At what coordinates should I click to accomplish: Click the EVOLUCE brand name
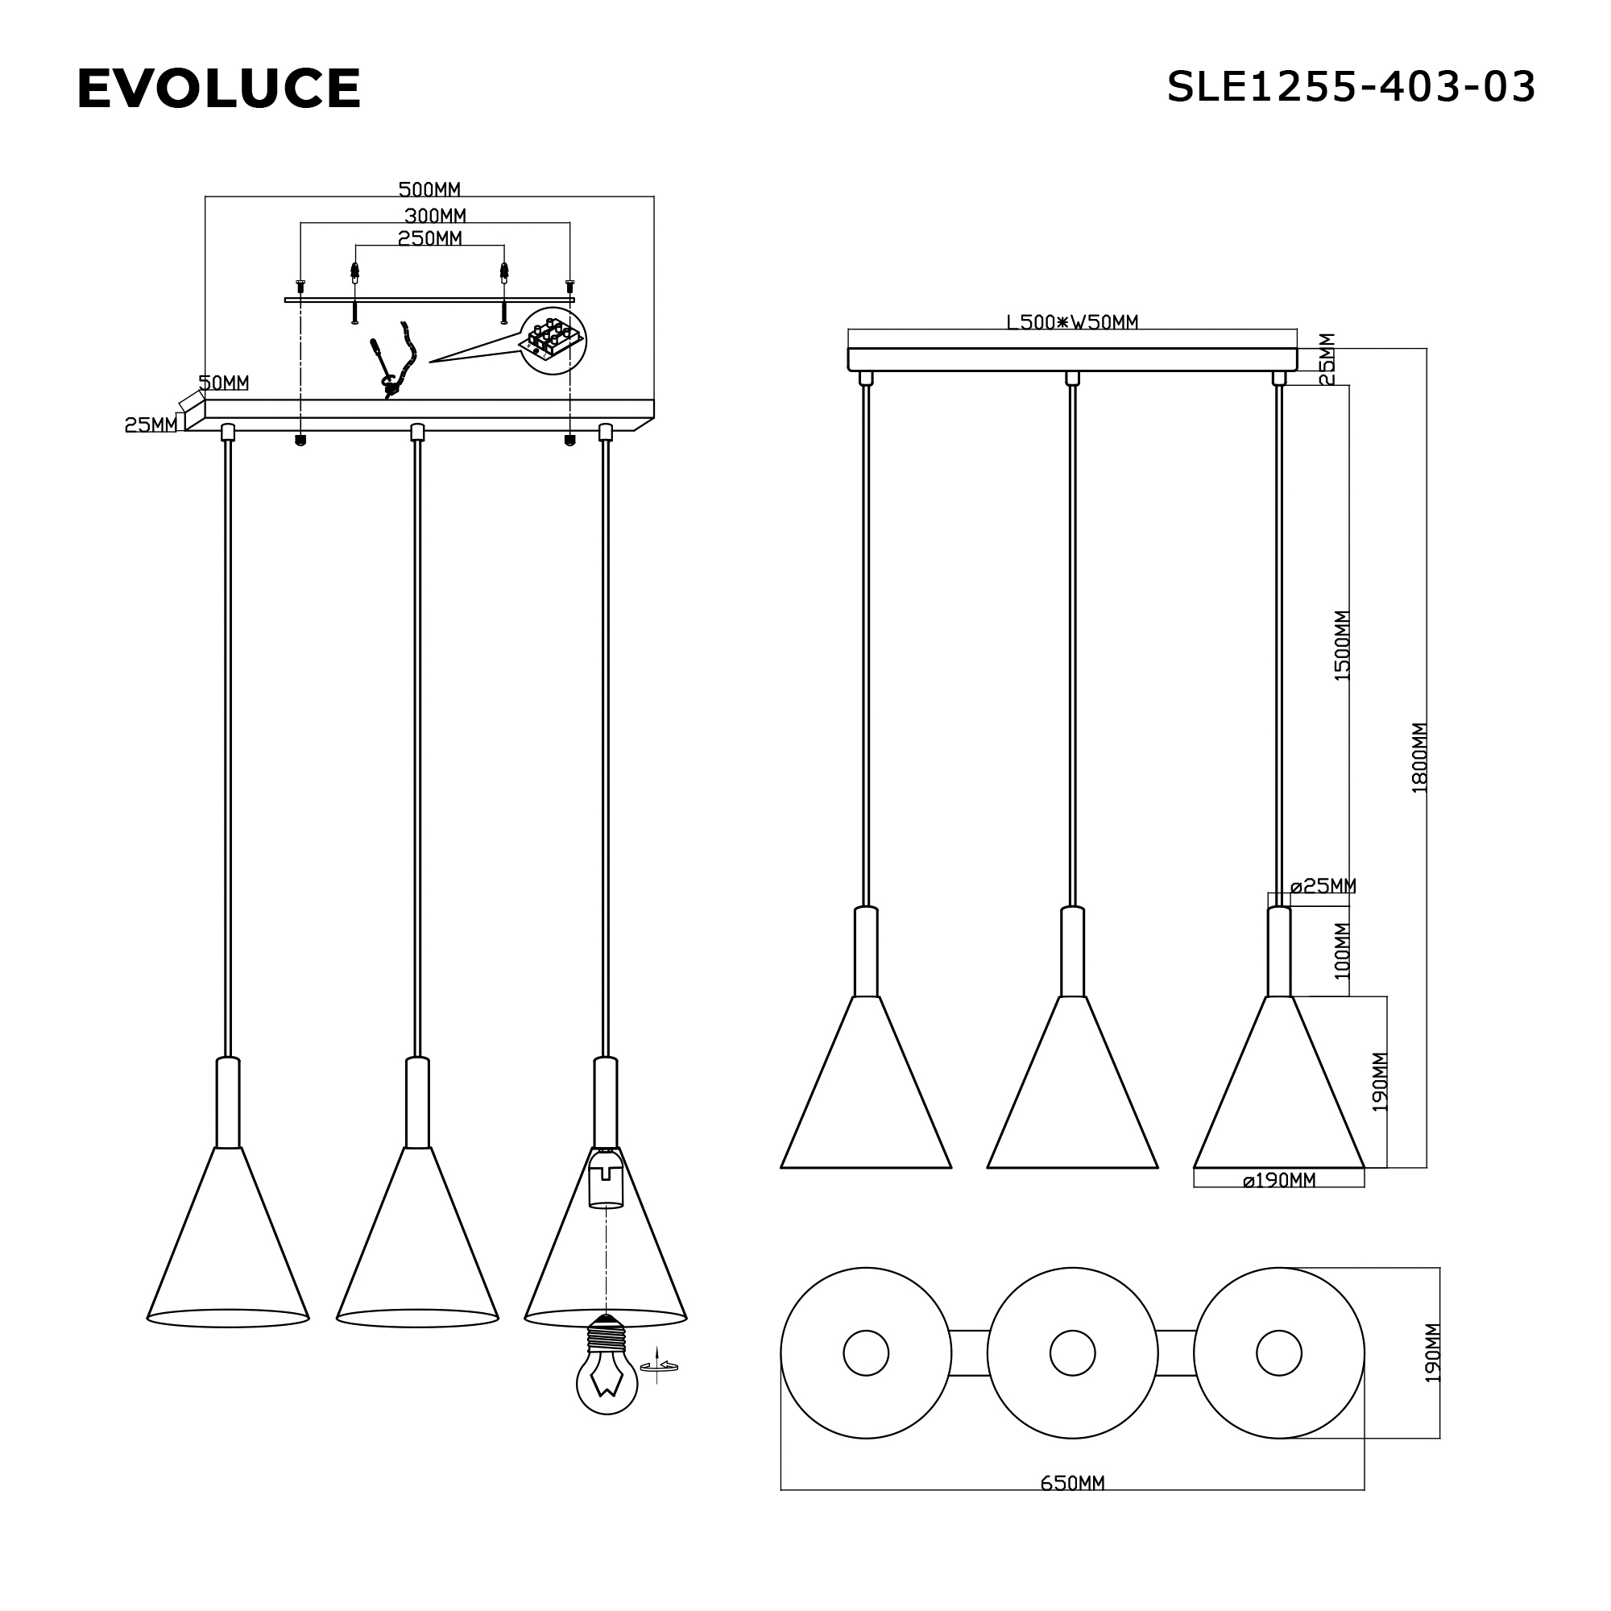pos(218,89)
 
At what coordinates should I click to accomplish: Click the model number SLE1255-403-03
pos(1350,87)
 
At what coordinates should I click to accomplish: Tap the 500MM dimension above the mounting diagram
pos(429,189)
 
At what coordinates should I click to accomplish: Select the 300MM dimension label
pos(434,216)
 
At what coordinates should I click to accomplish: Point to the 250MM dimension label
pos(429,238)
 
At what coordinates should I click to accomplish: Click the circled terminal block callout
pos(552,340)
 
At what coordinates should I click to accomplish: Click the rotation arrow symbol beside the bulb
pos(658,1366)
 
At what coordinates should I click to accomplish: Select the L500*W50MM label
pos(1071,322)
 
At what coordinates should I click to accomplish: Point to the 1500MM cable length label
pos(1342,646)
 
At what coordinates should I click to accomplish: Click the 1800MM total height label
pos(1419,758)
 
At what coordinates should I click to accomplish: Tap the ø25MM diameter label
pos(1323,885)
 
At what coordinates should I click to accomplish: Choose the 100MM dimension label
pos(1342,950)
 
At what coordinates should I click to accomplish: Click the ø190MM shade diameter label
pos(1278,1180)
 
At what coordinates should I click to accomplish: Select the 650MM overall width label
pos(1071,1483)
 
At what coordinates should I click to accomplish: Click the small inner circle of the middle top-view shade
pos(1071,1352)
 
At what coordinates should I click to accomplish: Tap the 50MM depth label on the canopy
pos(223,383)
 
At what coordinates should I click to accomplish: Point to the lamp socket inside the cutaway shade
pos(607,1179)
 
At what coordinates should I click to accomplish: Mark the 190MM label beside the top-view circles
pos(1431,1352)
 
